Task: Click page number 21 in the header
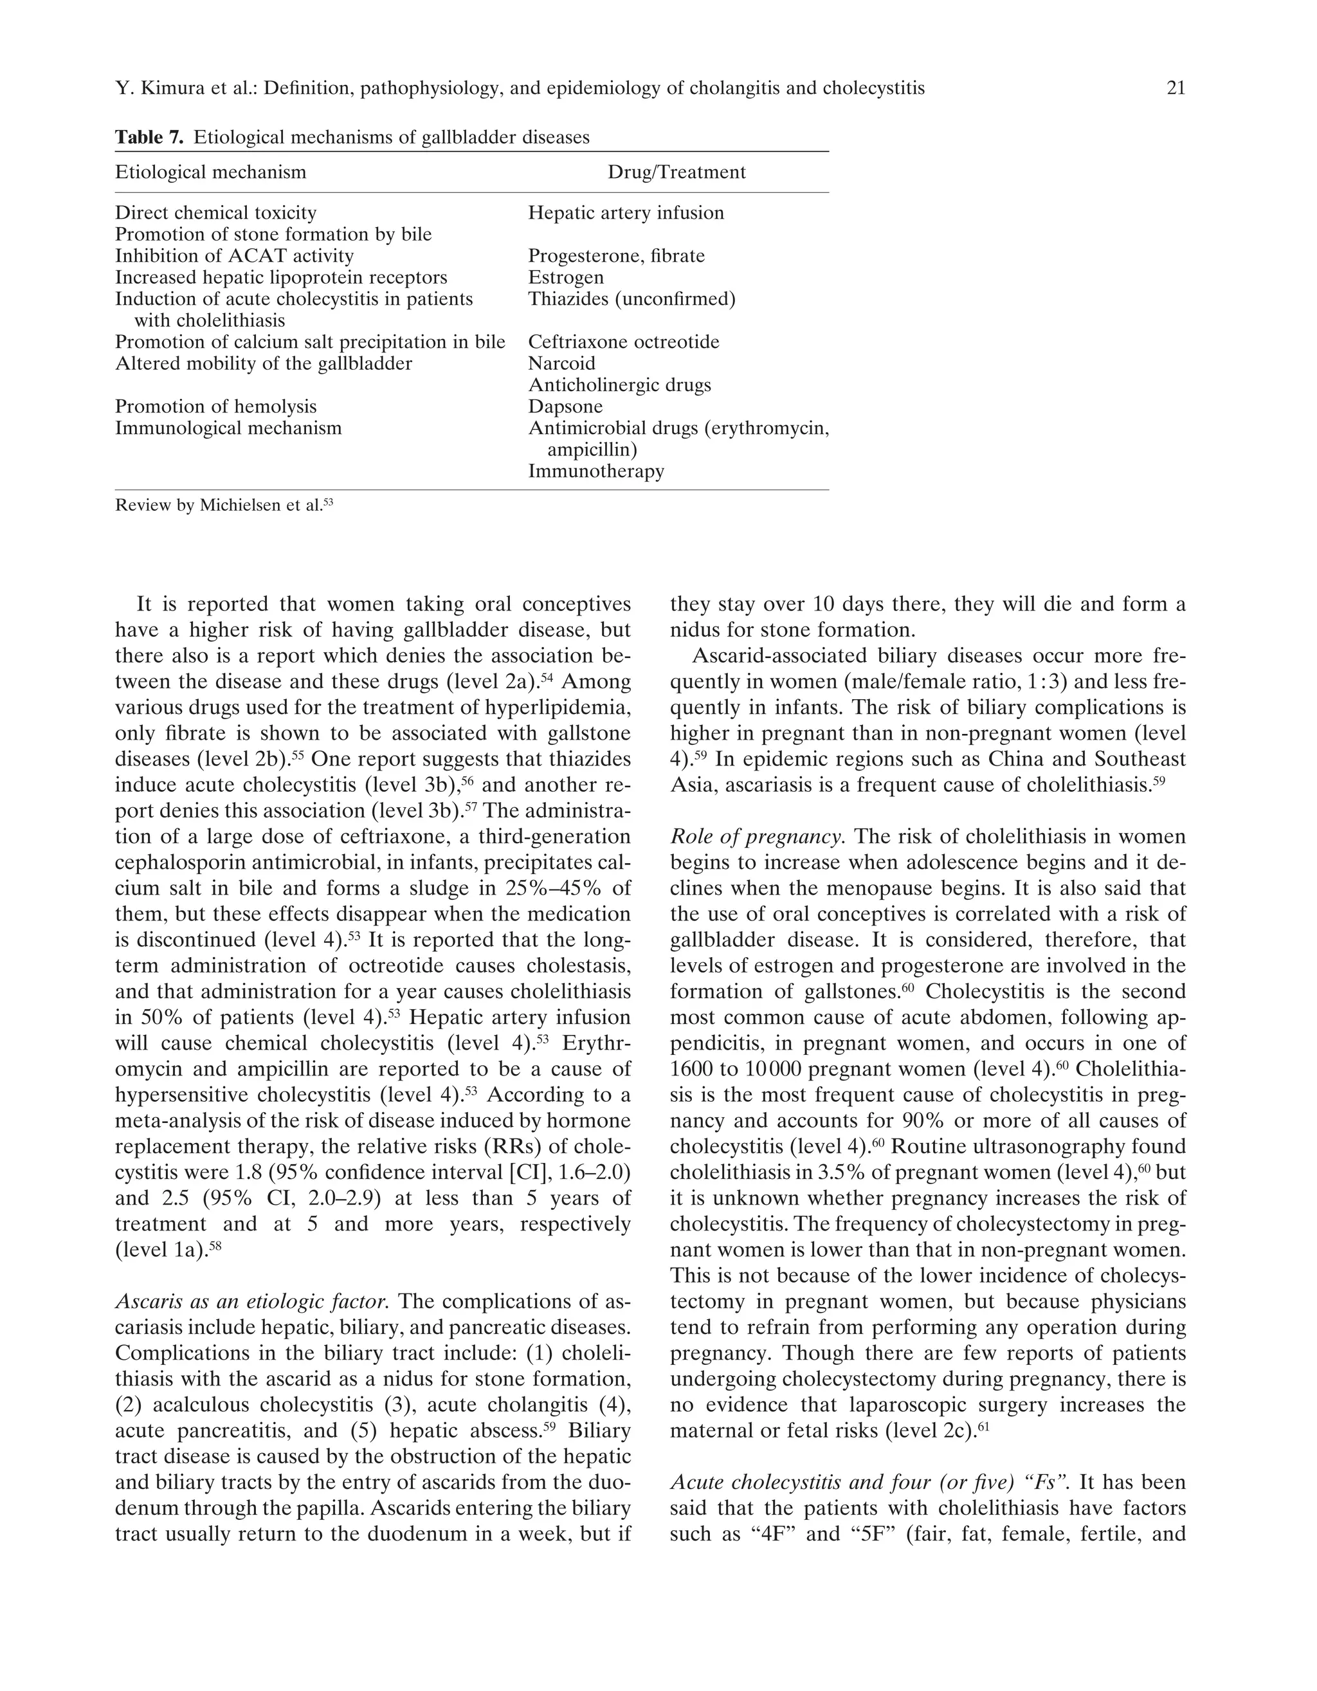(1174, 88)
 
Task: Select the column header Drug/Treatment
(676, 172)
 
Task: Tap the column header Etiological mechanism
(210, 172)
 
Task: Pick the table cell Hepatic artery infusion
(626, 213)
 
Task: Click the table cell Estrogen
(565, 277)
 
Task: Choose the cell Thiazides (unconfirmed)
(631, 299)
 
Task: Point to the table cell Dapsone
(565, 407)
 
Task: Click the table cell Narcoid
(561, 363)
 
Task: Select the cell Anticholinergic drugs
(619, 385)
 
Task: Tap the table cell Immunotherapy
(595, 471)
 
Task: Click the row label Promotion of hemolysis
(215, 407)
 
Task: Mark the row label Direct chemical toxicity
(215, 213)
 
